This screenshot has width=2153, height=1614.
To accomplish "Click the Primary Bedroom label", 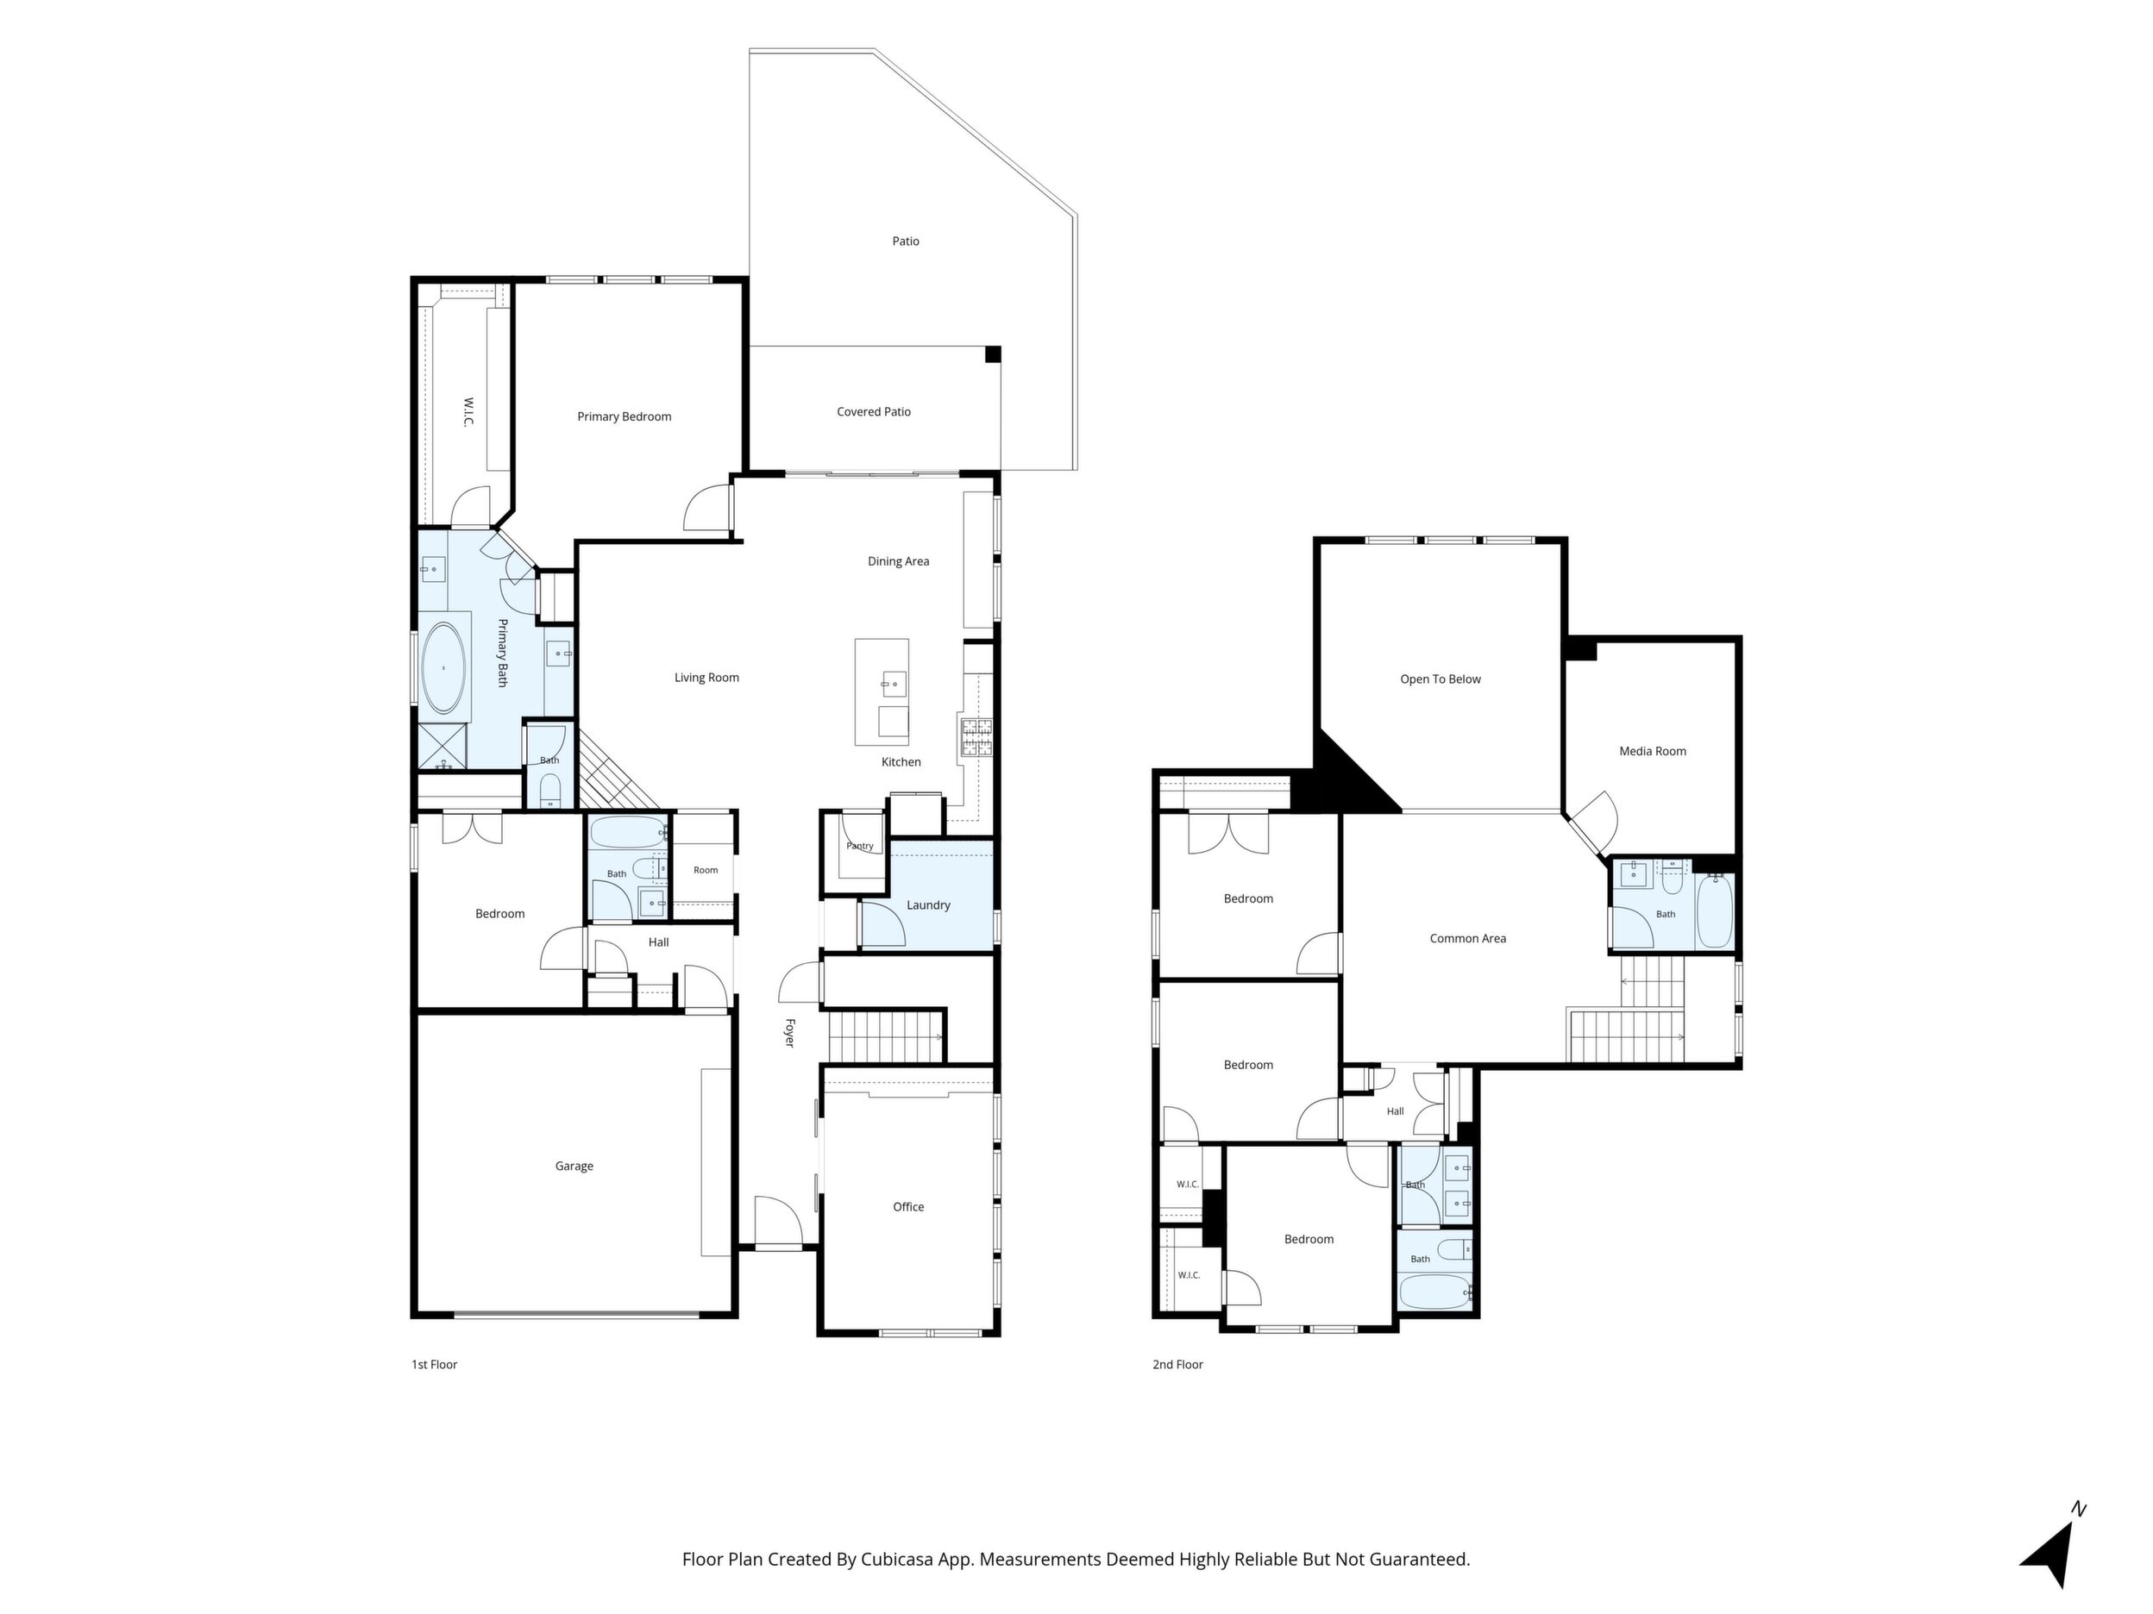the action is click(x=624, y=416).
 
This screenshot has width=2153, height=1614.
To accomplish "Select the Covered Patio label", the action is click(x=874, y=411).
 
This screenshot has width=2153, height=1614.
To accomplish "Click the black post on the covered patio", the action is click(x=993, y=355).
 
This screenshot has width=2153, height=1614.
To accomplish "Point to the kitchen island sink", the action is click(x=894, y=684).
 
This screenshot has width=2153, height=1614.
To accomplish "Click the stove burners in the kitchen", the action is click(x=976, y=736).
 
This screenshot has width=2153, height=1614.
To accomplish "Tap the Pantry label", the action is click(x=859, y=847).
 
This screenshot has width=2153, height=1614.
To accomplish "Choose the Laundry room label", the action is click(x=928, y=904).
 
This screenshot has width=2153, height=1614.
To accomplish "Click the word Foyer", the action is click(x=790, y=1032).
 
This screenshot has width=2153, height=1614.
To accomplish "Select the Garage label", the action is click(x=574, y=1166).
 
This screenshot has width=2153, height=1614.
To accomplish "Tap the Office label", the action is click(x=909, y=1206).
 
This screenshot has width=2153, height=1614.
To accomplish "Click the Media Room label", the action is click(x=1653, y=751).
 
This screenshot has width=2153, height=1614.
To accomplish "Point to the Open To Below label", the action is click(x=1441, y=679).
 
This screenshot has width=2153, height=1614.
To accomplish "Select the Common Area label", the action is click(x=1468, y=939).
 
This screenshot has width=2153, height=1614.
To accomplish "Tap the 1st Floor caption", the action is click(x=434, y=1364).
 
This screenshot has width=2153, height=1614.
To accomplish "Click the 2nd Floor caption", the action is click(x=1177, y=1364).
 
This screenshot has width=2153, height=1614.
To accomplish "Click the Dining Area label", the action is click(x=899, y=561).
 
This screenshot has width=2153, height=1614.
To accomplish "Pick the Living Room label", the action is click(x=706, y=678).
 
